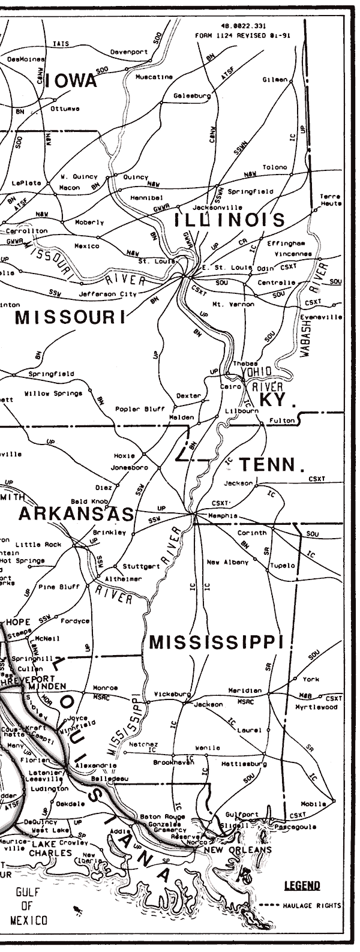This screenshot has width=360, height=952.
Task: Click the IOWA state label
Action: point(73,82)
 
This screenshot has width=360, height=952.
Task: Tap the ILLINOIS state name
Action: point(229,220)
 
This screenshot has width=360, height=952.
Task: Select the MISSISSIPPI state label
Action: point(215,642)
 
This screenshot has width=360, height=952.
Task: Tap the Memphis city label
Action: point(222,515)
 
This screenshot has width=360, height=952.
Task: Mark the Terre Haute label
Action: point(330,200)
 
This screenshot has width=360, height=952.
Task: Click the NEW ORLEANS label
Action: point(238,850)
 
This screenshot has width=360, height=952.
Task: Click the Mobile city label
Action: point(314,803)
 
